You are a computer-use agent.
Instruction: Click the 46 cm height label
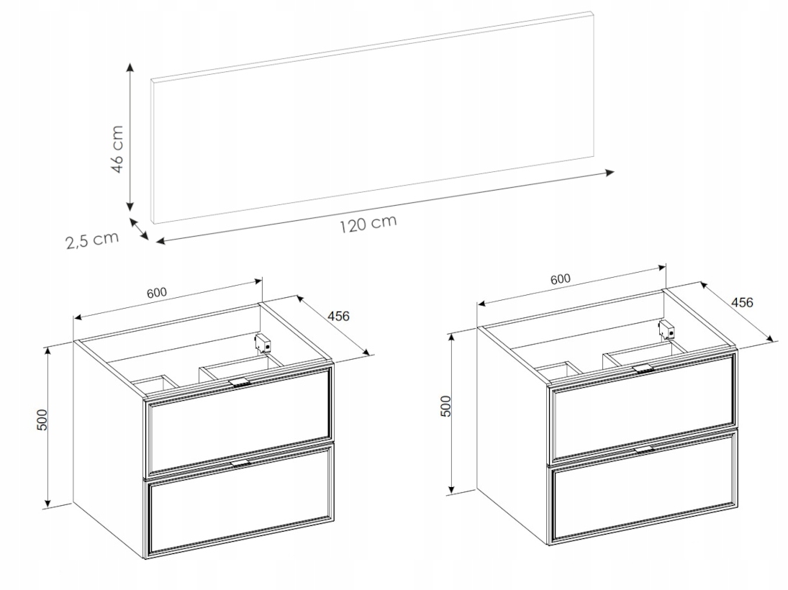click(117, 149)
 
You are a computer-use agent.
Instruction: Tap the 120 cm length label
click(368, 224)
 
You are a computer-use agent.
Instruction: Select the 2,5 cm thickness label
click(92, 240)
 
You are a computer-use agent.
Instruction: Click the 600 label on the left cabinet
click(157, 293)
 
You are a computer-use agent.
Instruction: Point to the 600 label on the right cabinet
click(561, 278)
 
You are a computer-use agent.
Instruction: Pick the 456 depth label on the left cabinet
click(338, 316)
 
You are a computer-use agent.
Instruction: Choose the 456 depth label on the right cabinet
click(742, 302)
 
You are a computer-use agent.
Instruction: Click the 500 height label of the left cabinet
click(42, 419)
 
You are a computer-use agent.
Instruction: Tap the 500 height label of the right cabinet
click(446, 406)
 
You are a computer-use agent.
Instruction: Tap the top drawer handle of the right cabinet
click(643, 368)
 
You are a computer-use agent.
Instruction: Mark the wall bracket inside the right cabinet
click(667, 329)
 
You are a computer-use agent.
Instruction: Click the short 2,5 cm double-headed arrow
click(139, 229)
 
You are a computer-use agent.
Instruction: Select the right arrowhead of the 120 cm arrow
click(610, 173)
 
